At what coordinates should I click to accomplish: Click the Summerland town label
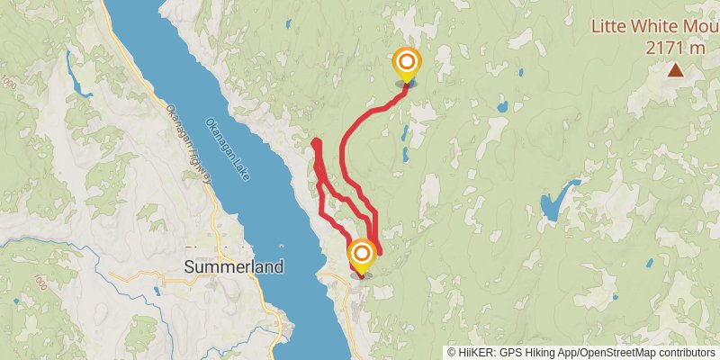click(233, 267)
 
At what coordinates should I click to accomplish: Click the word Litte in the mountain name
click(609, 26)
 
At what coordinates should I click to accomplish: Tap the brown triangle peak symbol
click(675, 69)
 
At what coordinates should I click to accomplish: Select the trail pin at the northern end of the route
click(406, 64)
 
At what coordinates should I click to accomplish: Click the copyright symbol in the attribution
click(453, 352)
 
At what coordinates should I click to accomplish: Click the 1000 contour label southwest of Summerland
click(38, 283)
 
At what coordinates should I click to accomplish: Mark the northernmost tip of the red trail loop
click(314, 142)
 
